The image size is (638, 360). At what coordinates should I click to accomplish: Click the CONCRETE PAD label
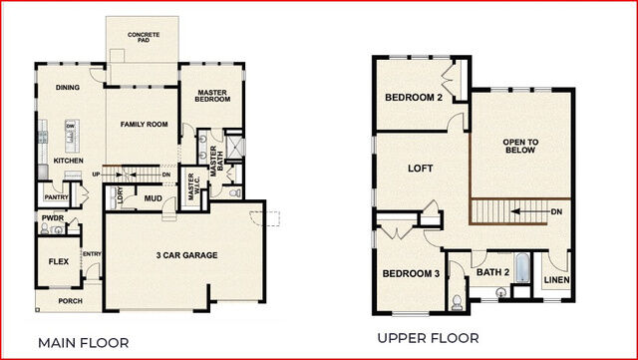click(x=144, y=39)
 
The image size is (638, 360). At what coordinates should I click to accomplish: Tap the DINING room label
click(x=68, y=88)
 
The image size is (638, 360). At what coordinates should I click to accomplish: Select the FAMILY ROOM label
click(x=144, y=125)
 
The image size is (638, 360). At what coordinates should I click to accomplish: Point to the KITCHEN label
click(x=68, y=161)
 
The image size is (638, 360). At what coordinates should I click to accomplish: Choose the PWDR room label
click(x=53, y=215)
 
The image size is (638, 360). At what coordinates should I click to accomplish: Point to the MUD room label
click(x=153, y=197)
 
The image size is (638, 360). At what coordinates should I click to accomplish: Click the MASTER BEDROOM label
click(x=211, y=97)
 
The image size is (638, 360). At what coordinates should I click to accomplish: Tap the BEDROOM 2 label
click(x=414, y=97)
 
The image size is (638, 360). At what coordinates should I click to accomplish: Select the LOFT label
click(x=421, y=169)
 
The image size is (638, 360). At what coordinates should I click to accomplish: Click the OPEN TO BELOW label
click(x=520, y=149)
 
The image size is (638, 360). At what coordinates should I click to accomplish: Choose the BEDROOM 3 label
click(x=411, y=273)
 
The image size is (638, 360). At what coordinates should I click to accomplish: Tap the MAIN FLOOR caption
click(x=84, y=342)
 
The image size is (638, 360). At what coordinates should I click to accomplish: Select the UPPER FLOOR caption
click(x=428, y=337)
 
